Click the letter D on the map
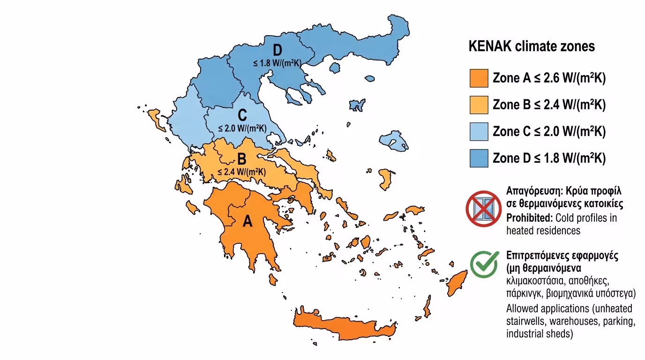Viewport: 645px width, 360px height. pyautogui.click(x=278, y=50)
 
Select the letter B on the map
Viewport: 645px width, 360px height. pyautogui.click(x=242, y=159)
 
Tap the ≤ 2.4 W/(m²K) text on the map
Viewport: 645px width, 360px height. pyautogui.click(x=242, y=171)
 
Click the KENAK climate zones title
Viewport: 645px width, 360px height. pyautogui.click(x=532, y=46)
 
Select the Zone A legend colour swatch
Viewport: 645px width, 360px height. pyautogui.click(x=479, y=78)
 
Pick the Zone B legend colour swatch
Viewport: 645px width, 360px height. pyautogui.click(x=479, y=105)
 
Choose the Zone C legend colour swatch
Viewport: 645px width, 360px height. pyautogui.click(x=479, y=132)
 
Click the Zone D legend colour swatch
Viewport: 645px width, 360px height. pyautogui.click(x=479, y=158)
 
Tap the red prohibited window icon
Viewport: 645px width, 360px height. pyautogui.click(x=484, y=209)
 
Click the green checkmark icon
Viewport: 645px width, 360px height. pyautogui.click(x=484, y=265)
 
